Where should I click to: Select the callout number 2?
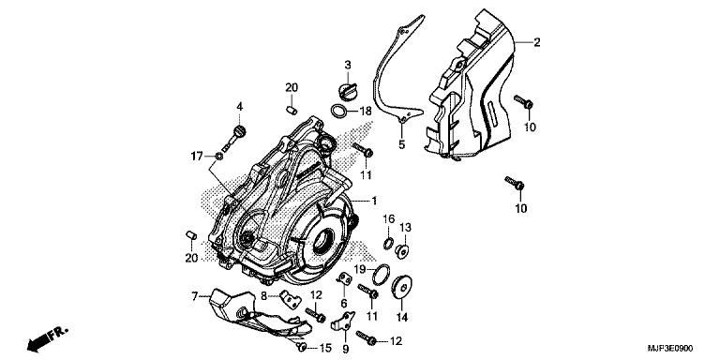[536, 43]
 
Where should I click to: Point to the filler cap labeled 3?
[346, 89]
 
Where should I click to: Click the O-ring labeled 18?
[338, 112]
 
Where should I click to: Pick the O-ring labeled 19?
[382, 276]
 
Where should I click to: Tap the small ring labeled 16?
[388, 244]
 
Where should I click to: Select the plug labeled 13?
[402, 251]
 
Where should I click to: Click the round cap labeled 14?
[402, 288]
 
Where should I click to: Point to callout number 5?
[402, 144]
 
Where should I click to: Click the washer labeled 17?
[219, 157]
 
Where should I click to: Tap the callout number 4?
[239, 107]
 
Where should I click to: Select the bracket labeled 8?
[291, 299]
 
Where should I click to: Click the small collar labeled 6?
[344, 279]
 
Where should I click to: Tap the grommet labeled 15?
[301, 347]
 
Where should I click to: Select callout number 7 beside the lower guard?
[194, 296]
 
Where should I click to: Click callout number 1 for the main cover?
[374, 201]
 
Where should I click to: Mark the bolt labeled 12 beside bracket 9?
[367, 338]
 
